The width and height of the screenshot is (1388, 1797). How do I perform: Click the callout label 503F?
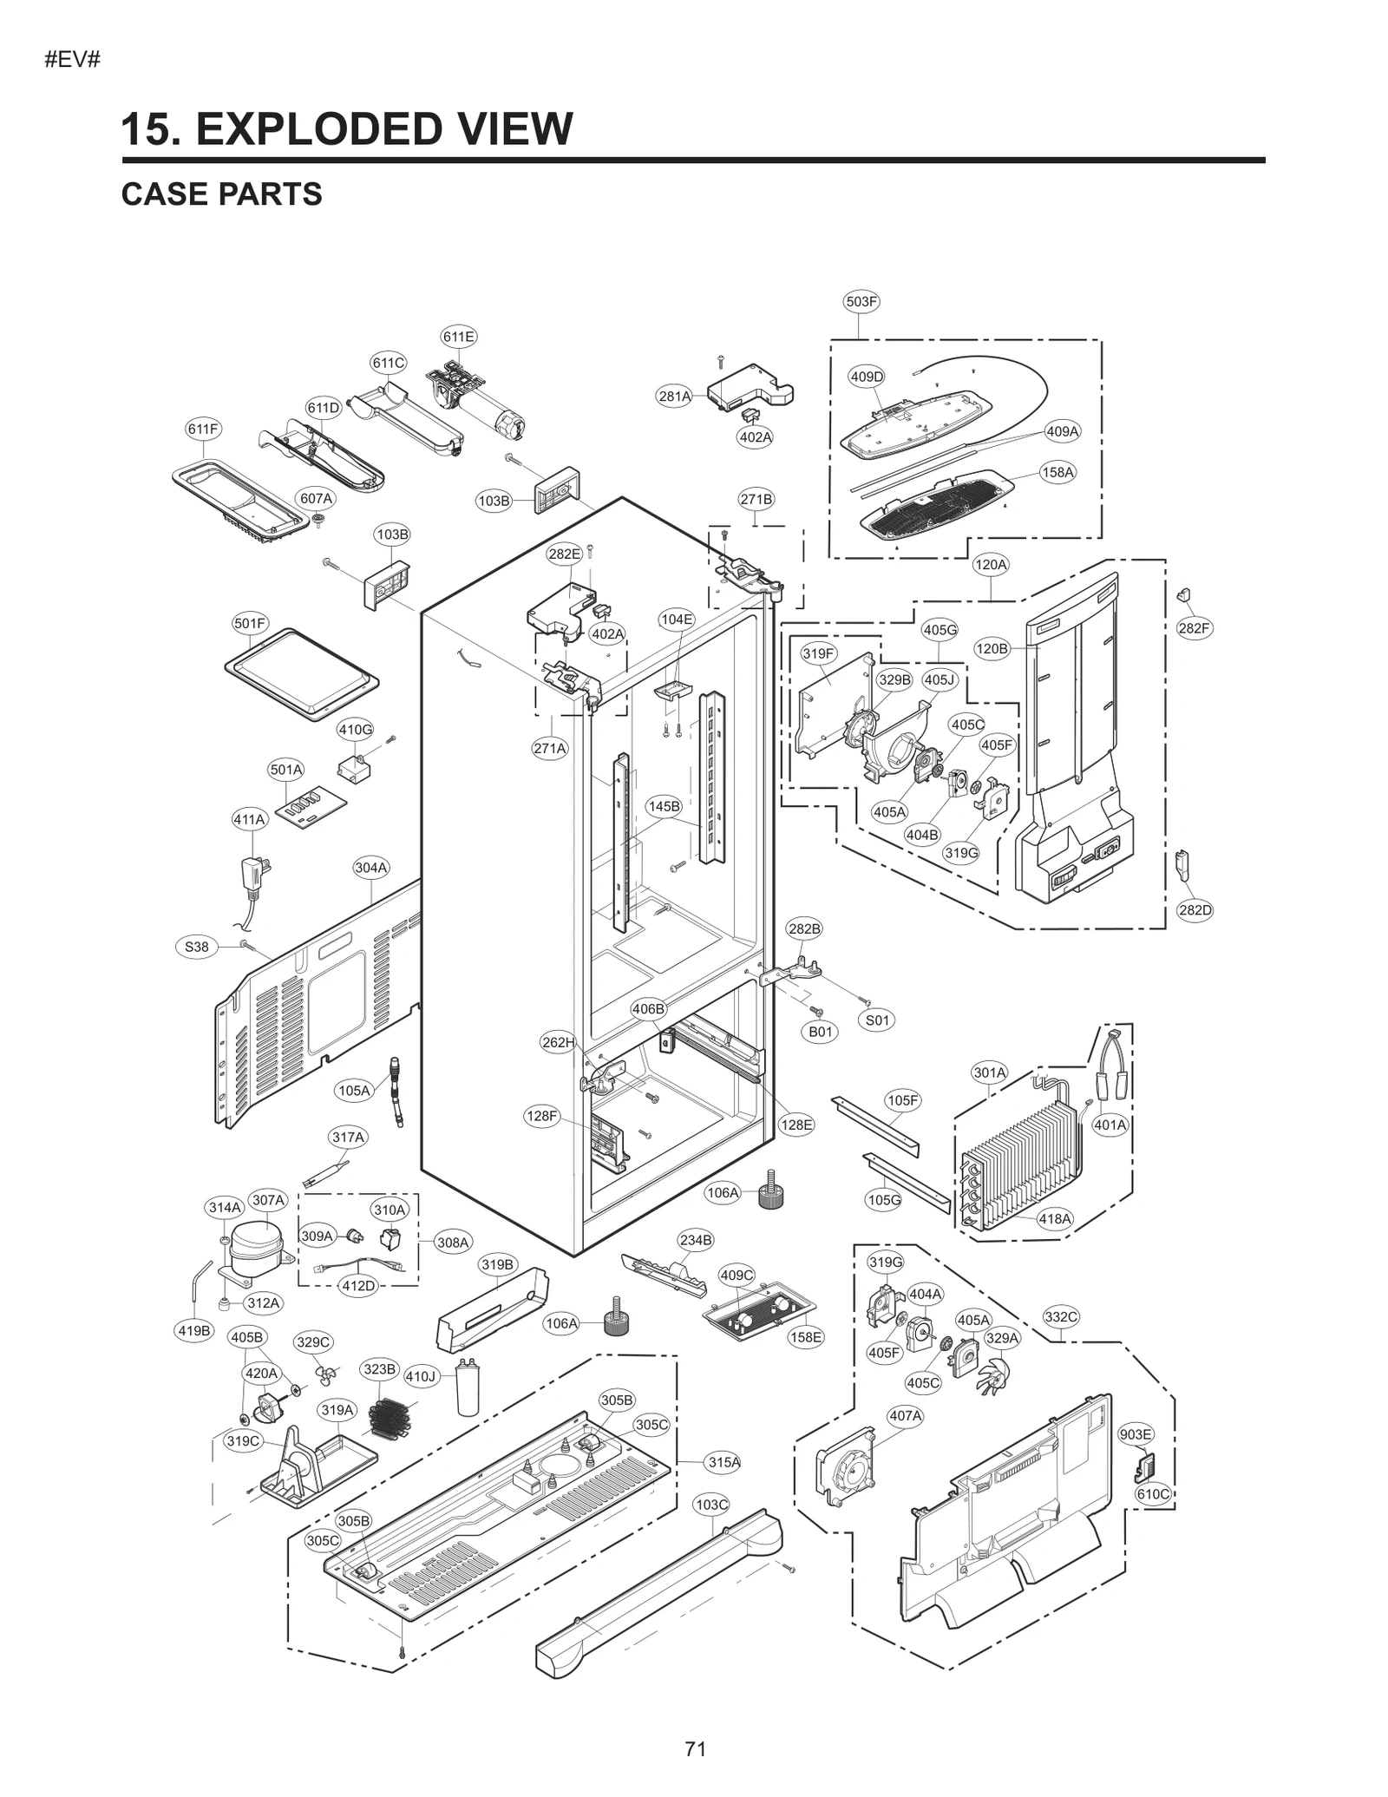coord(861,302)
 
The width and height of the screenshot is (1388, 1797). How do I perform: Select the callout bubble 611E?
coord(458,337)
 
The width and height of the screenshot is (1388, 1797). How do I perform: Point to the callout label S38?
coord(197,947)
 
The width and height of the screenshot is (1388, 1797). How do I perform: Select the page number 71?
coord(695,1748)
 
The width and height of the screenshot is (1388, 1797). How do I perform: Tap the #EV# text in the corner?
coord(72,60)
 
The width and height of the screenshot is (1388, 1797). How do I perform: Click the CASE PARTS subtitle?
coord(221,194)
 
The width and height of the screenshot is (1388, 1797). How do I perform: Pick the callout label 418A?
coord(1055,1218)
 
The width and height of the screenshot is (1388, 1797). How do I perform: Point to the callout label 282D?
coord(1195,910)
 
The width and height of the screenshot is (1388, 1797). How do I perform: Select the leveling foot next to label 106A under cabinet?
coord(770,1190)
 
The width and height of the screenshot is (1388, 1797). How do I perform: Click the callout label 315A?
coord(723,1462)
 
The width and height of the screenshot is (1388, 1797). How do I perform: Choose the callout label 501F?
coord(250,623)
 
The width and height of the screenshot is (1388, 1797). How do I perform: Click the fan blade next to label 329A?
coord(992,1372)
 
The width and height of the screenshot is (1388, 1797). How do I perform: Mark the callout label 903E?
coord(1136,1434)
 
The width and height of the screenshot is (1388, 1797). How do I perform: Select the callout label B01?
coord(820,1032)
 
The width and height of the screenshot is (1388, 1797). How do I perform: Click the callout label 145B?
coord(664,806)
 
